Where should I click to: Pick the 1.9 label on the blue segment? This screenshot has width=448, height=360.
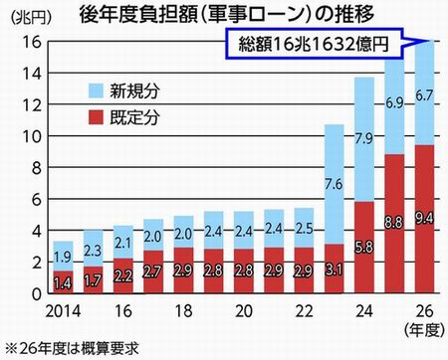(63, 256)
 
